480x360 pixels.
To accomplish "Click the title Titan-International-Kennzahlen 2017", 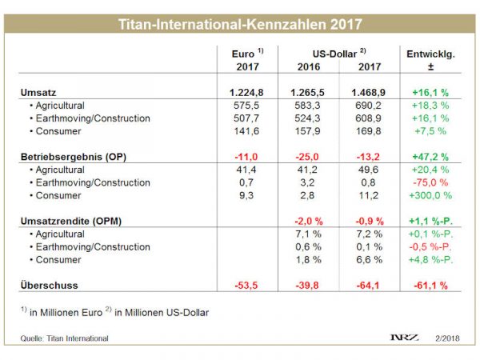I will click(x=239, y=25).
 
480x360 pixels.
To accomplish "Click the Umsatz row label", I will click(x=38, y=92).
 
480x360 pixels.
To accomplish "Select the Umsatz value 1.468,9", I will click(x=369, y=92).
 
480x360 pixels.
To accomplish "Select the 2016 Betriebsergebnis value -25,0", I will click(x=307, y=156).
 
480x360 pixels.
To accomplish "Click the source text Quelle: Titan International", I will click(x=65, y=338).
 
